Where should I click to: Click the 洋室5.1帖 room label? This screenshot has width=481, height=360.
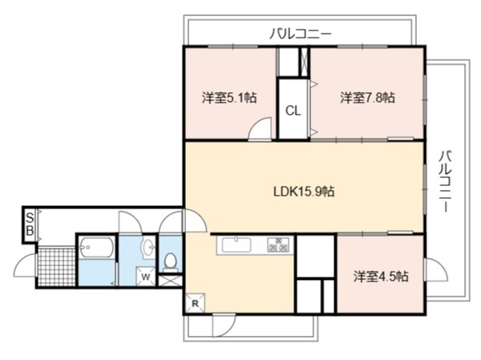[x=229, y=98]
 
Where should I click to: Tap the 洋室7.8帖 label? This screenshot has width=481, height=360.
[x=367, y=98]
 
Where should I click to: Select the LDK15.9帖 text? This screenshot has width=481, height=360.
[x=304, y=192]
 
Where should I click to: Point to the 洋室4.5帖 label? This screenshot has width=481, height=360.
[x=381, y=277]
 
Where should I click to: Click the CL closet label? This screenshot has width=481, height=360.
[x=293, y=111]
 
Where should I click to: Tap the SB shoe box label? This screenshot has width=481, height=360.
[x=30, y=224]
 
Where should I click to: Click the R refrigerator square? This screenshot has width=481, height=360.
[x=195, y=303]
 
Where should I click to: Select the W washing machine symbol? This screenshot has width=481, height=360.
[x=146, y=277]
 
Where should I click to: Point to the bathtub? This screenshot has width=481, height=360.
[x=96, y=247]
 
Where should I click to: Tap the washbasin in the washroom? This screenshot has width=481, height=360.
[x=149, y=246]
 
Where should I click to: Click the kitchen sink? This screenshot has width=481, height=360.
[x=236, y=245]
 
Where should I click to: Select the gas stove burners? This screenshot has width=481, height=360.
[x=278, y=245]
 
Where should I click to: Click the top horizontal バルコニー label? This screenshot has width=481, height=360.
[x=301, y=34]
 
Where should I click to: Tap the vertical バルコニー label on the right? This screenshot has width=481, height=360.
[x=445, y=181]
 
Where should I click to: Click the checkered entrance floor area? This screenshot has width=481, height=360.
[x=56, y=267]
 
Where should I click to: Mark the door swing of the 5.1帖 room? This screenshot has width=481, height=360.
[x=260, y=129]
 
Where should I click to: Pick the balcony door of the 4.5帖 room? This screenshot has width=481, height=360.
[x=436, y=269]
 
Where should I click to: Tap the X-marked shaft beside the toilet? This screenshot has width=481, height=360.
[x=170, y=281]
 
